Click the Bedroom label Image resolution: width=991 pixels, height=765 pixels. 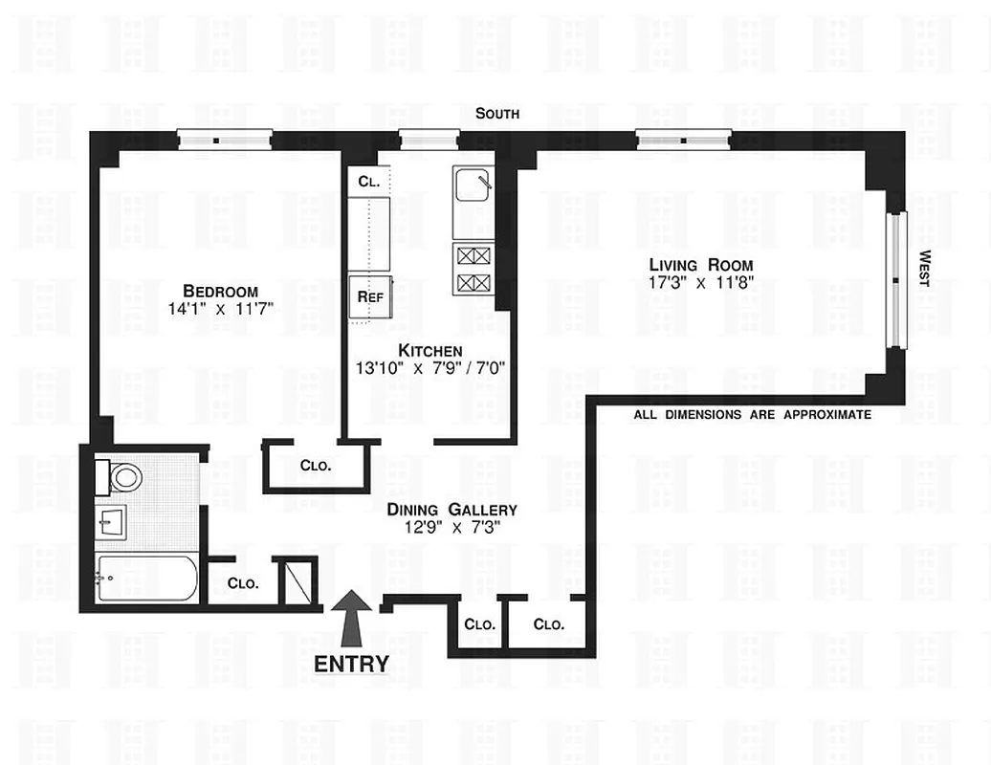(221, 291)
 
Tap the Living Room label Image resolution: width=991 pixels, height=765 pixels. (701, 265)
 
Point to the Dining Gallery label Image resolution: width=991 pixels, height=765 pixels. (451, 510)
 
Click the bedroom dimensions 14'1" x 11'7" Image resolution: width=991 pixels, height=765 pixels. (221, 309)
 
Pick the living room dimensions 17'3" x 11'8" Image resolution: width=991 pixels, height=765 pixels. (701, 283)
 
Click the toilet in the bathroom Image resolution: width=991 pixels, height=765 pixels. (121, 475)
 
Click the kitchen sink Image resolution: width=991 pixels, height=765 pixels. (473, 185)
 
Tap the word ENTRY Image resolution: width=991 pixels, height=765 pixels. (352, 664)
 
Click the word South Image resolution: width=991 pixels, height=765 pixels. (498, 114)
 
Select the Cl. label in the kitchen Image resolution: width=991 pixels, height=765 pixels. (369, 181)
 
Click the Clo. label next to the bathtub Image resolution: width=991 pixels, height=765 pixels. (240, 583)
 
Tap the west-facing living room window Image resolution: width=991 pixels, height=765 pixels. (896, 278)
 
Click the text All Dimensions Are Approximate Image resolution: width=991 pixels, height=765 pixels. (753, 415)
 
